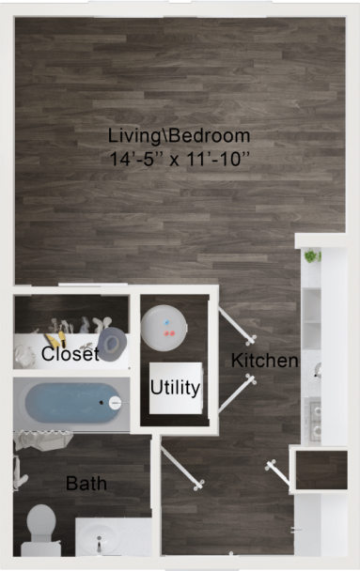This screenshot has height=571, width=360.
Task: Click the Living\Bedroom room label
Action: click(x=179, y=135)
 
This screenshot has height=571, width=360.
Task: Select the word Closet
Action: click(x=70, y=355)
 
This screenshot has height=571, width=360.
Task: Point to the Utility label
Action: click(x=175, y=387)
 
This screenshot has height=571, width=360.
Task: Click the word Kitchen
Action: click(x=264, y=361)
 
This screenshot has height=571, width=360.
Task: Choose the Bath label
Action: click(x=86, y=485)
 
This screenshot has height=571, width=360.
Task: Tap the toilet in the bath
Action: click(x=39, y=526)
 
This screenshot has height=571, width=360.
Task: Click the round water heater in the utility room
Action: click(x=167, y=325)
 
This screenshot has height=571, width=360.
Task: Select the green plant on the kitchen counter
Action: click(x=312, y=255)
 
